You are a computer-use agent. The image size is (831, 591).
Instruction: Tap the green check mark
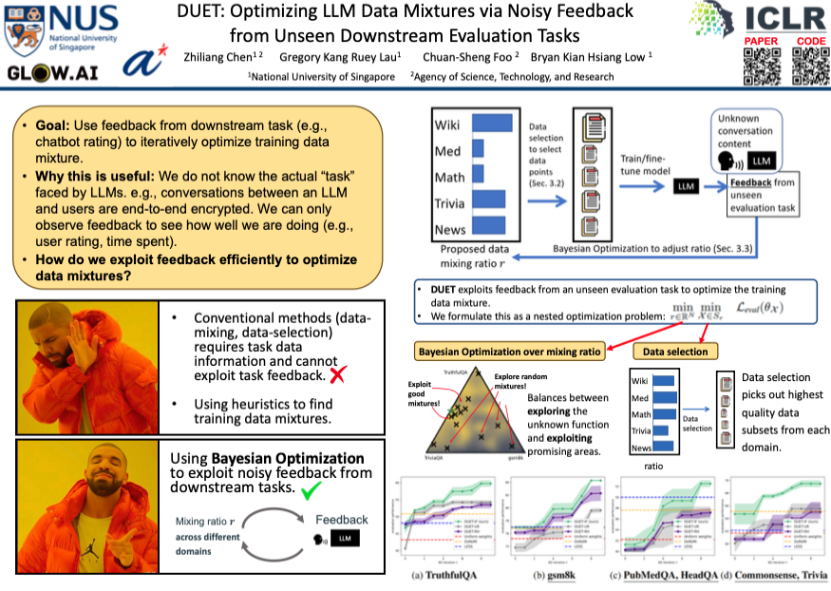310,490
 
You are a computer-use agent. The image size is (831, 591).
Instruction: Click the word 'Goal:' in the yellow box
55,124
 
